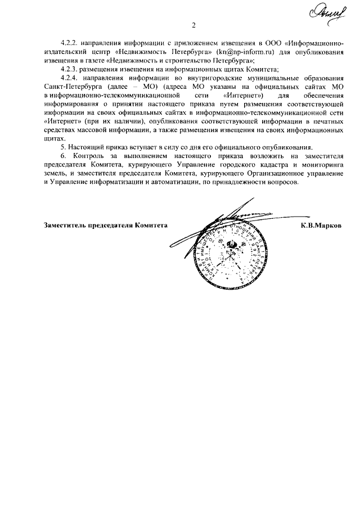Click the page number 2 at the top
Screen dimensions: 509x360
193,25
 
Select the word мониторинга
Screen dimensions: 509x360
321,164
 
